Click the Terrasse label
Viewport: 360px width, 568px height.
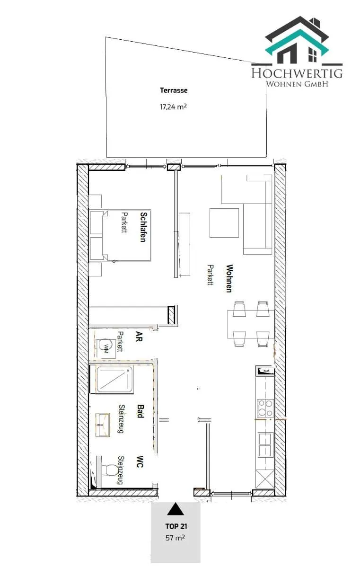point(174,90)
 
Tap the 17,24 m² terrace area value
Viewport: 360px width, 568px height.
point(173,106)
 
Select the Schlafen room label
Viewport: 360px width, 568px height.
point(143,227)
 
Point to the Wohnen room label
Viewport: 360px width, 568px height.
point(229,278)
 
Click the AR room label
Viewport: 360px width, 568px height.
point(139,336)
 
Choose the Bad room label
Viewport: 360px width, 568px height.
point(140,411)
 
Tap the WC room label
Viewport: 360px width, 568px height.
point(140,462)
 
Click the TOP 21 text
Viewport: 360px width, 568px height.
point(176,526)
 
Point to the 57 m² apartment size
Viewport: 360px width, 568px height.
point(175,537)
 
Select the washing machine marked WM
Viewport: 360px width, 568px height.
point(106,346)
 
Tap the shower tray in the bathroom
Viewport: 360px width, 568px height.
point(114,380)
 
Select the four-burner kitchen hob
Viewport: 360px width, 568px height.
point(265,408)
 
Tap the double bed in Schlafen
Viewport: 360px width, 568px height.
point(120,235)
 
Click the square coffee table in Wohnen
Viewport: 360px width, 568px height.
point(224,223)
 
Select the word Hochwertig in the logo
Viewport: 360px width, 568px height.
point(297,73)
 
